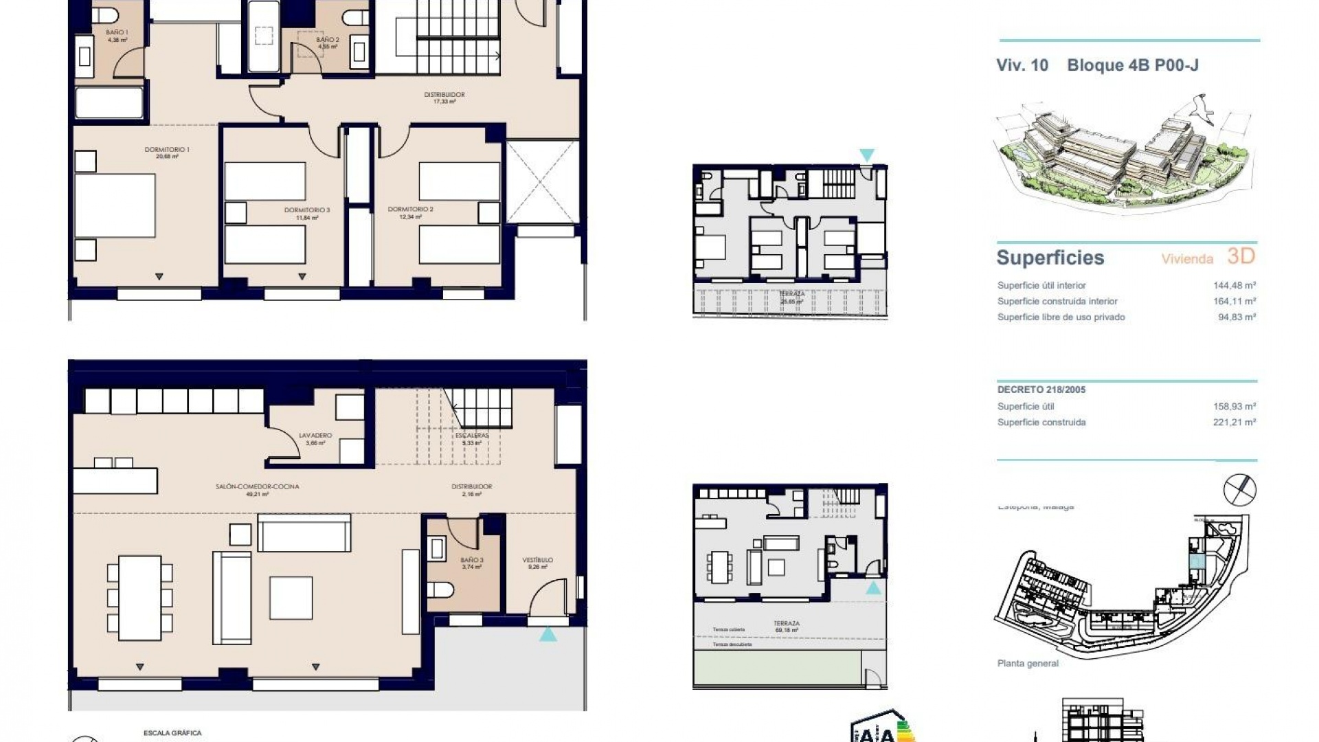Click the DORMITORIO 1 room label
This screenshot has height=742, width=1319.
pos(167,150)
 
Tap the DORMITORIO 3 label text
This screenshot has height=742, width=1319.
pos(307,210)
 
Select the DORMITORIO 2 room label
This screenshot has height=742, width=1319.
pos(410,210)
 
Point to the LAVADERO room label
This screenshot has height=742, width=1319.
pos(315,436)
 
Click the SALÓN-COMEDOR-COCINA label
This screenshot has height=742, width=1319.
pos(257,487)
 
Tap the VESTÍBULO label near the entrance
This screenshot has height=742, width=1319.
pos(537,561)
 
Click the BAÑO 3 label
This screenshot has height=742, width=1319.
pos(472,561)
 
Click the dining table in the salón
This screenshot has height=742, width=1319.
pos(139,598)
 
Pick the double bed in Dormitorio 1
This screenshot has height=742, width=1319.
pos(115,206)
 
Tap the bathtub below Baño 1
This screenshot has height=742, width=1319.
pos(109,103)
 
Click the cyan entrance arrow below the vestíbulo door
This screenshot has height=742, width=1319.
pos(548,634)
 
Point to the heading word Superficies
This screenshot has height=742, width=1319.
pos(1050,258)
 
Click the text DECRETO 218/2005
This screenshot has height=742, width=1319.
pos(1041,390)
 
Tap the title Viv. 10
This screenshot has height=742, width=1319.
pos(1022,65)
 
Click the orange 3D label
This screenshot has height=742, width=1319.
pos(1241,256)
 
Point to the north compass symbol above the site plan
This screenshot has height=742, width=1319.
pos(1239,490)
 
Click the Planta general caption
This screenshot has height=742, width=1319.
pos(1027,664)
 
